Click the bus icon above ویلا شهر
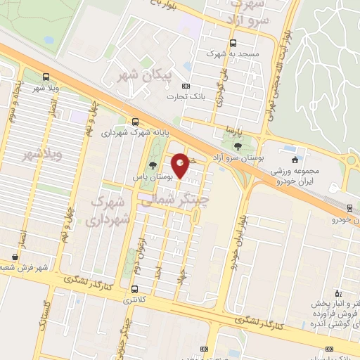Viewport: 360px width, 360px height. tap(46, 77)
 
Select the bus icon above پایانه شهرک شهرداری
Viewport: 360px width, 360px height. tap(134, 121)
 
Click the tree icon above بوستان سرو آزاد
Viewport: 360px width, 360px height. tap(238, 146)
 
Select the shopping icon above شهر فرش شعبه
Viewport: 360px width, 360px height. tap(15, 257)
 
